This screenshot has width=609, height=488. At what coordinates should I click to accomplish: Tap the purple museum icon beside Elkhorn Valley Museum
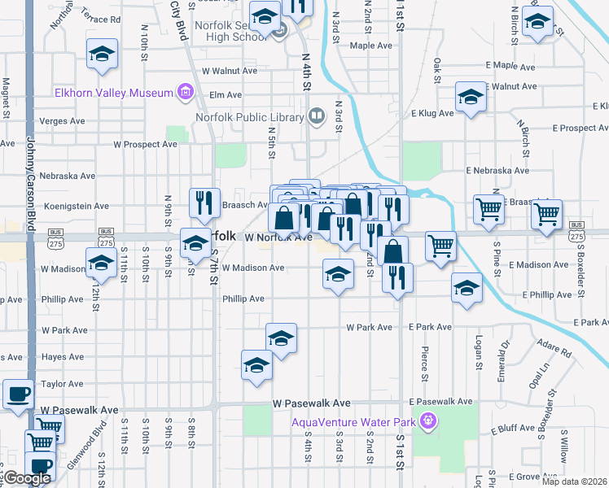tap(186, 92)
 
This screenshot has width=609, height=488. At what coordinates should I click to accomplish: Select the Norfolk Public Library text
tap(248, 117)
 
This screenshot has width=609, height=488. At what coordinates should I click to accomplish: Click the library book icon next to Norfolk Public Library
tap(316, 116)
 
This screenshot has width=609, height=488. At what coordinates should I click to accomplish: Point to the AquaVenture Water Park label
tap(354, 420)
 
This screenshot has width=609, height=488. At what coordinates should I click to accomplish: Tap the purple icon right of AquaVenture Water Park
tap(427, 420)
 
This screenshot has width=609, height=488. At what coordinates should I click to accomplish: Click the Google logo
tap(27, 479)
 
